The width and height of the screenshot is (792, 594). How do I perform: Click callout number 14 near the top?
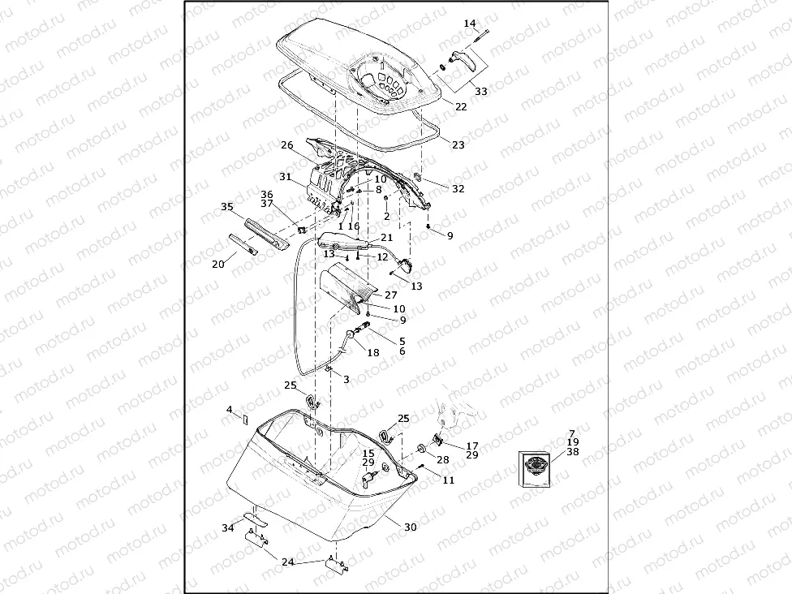point(470,24)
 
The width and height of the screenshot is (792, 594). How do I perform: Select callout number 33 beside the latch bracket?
point(481,92)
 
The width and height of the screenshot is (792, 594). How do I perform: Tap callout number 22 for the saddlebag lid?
point(461,106)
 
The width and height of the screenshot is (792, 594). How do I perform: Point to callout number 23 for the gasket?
point(458,145)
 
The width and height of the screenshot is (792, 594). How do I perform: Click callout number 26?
point(287,145)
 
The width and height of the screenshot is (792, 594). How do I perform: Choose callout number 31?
point(286,177)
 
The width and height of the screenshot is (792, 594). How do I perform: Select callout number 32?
point(458,189)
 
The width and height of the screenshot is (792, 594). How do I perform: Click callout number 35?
point(227,207)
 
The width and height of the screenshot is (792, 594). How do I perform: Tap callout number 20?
point(218,265)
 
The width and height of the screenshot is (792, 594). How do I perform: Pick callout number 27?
point(391,295)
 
